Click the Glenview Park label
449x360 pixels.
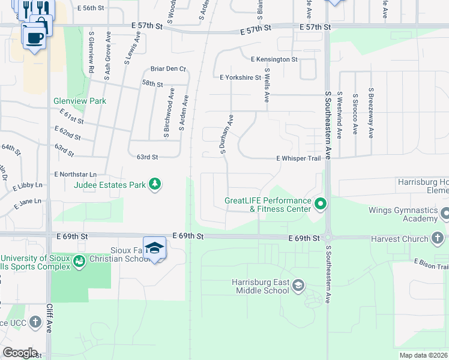click(80, 101)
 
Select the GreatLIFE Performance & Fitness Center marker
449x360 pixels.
click(320, 204)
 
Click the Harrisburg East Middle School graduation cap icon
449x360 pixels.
click(298, 286)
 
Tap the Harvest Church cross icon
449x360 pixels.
click(438, 239)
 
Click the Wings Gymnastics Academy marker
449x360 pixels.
click(445, 213)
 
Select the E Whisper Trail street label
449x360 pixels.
click(298, 158)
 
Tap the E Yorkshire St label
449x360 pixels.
click(240, 77)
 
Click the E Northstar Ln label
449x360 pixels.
click(75, 174)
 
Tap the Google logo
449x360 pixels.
click(19, 353)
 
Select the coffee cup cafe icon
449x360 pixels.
click(34, 38)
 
